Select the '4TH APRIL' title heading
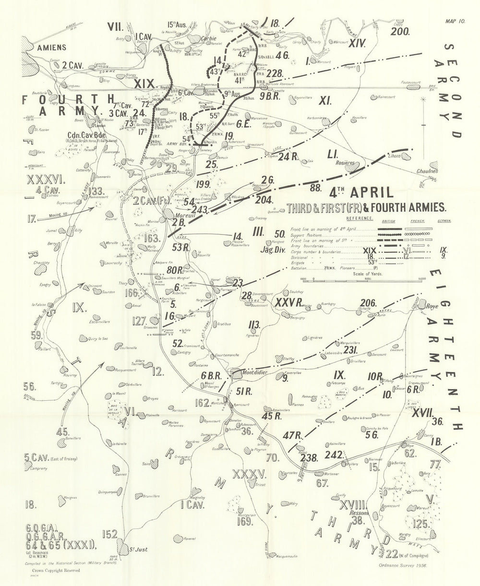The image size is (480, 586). (361, 193)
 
